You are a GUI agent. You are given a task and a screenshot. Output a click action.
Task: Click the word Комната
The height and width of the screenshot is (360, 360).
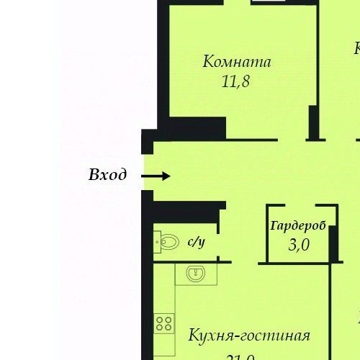237,61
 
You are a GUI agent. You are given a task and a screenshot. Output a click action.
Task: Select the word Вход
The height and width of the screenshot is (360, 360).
107,175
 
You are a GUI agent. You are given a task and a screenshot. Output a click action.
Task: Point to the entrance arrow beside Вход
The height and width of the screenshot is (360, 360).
161,176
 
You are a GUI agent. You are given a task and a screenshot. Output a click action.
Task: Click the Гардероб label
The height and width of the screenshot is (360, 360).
298,226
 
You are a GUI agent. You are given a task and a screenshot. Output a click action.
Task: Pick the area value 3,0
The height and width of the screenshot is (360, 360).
299,245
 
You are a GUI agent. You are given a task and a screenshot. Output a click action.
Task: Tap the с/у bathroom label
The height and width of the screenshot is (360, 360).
197,242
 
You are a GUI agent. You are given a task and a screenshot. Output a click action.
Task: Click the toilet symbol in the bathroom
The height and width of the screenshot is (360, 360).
166,242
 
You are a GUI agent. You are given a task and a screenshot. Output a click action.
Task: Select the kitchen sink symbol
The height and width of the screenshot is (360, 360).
197,274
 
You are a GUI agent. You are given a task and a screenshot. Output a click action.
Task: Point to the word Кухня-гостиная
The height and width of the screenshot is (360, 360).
249,336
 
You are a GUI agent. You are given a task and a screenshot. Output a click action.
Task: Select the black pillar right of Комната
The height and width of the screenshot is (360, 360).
313,122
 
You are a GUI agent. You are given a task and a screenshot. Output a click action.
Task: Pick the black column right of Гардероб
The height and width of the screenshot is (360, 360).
333,243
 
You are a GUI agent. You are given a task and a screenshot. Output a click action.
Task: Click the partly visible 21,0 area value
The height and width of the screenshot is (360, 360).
241,357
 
